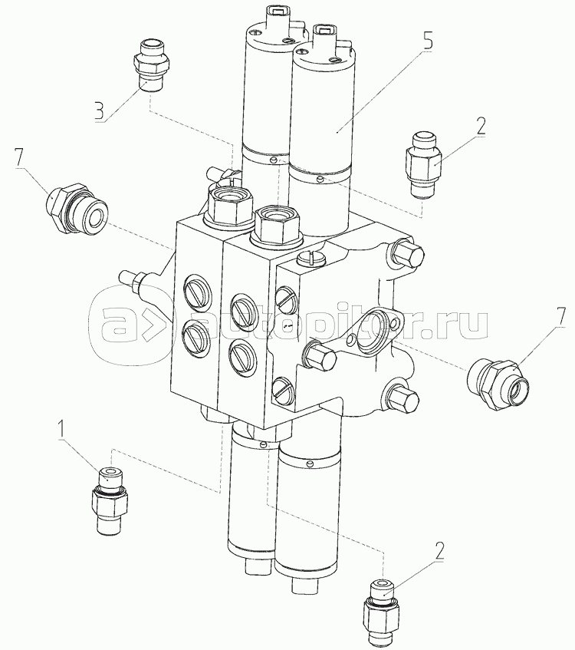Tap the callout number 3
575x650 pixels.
[100, 111]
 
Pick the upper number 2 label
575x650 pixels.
[480, 127]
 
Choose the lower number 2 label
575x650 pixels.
[439, 551]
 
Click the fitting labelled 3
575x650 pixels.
[150, 65]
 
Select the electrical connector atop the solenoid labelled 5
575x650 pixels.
[325, 38]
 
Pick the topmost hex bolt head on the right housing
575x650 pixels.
[408, 254]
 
